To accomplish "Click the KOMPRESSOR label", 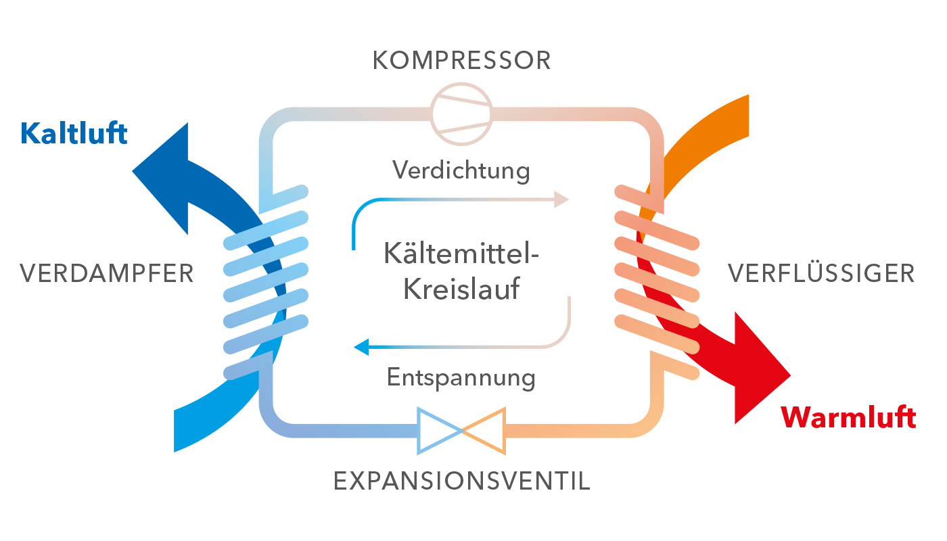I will pos(461,61).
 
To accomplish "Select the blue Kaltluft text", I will pos(74,133).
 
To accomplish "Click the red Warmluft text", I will pos(849,417).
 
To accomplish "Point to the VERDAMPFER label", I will pos(107,274).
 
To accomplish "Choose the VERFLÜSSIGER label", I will pos(821,274).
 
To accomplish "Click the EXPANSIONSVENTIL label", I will pos(462,481).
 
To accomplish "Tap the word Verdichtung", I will pos(461,170).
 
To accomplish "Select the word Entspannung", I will pos(461,376).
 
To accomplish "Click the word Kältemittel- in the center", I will pos(461,256).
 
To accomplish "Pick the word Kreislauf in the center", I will pos(461,289).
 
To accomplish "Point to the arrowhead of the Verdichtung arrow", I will pos(561,199).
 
